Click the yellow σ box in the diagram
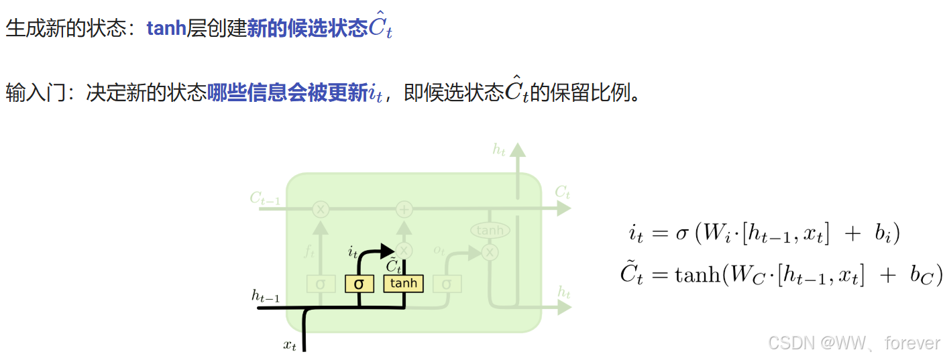point(359,284)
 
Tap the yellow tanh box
point(403,284)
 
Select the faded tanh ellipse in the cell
point(490,231)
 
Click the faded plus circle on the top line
point(404,209)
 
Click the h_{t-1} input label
point(266,296)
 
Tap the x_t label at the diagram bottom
point(289,346)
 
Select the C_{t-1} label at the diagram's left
point(264,198)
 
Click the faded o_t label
point(439,250)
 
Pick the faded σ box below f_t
point(321,284)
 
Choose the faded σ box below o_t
point(447,284)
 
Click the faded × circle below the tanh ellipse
point(490,252)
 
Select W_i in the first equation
point(712,234)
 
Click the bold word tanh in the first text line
point(166,28)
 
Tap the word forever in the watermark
point(912,343)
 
